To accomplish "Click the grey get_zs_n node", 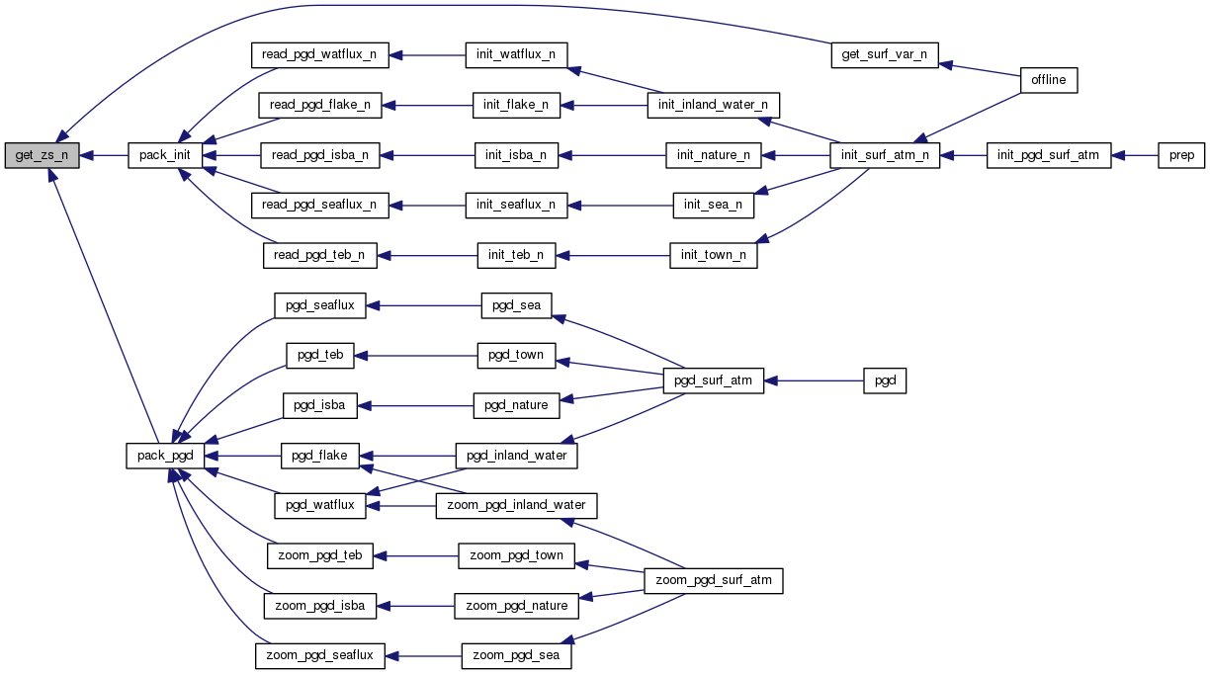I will pyautogui.click(x=41, y=155).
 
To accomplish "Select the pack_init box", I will pyautogui.click(x=165, y=155).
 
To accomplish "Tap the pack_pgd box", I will pyautogui.click(x=165, y=456).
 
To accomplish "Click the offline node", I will pyautogui.click(x=1048, y=80).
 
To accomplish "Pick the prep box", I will pyautogui.click(x=1181, y=155).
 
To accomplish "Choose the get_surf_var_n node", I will pyautogui.click(x=883, y=54).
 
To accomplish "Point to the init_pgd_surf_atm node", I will pyautogui.click(x=1049, y=155).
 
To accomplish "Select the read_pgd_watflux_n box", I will pyautogui.click(x=319, y=54).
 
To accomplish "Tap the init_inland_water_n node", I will pyautogui.click(x=714, y=105).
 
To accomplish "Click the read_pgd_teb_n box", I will pyautogui.click(x=319, y=256).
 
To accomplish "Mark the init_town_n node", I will pyautogui.click(x=713, y=256).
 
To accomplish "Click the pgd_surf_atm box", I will pyautogui.click(x=713, y=380).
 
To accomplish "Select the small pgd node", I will pyautogui.click(x=885, y=380).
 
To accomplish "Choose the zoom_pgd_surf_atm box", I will pyautogui.click(x=713, y=581).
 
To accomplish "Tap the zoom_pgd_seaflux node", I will pyautogui.click(x=319, y=655).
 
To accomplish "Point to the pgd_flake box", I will pyautogui.click(x=319, y=456).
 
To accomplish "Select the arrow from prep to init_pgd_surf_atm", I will pyautogui.click(x=1135, y=155).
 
